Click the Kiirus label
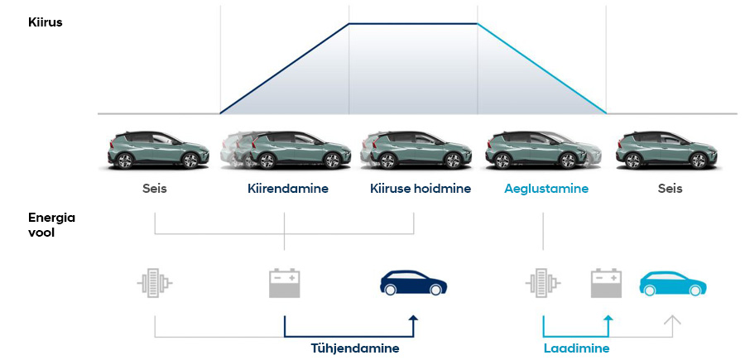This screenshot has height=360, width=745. (46, 22)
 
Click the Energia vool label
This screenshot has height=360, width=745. (52, 225)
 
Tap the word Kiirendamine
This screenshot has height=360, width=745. (288, 189)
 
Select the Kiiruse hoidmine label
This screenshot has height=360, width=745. (421, 189)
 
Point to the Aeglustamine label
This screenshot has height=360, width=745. (546, 189)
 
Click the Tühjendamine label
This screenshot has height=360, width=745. (355, 348)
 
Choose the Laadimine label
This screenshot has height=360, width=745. (576, 348)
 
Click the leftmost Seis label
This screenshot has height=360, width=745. (155, 189)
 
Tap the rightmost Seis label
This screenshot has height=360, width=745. (670, 189)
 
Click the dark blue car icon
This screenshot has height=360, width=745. (413, 282)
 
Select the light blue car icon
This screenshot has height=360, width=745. (673, 283)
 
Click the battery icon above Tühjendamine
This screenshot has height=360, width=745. (284, 283)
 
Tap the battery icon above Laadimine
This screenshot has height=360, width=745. (606, 283)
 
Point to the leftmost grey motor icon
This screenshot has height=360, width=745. (155, 283)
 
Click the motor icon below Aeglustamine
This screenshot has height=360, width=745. (543, 283)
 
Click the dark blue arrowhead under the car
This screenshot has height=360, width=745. (413, 319)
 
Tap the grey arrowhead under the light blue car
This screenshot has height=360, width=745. (673, 319)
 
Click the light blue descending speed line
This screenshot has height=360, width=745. (542, 69)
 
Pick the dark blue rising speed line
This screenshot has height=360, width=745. (285, 69)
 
